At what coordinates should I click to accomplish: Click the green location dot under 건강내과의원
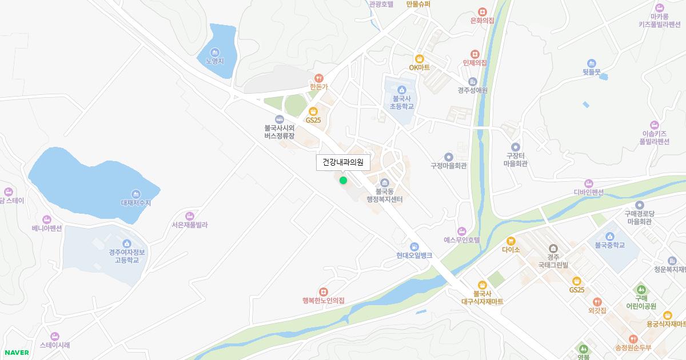tap(343, 181)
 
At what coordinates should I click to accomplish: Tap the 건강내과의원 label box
tap(343, 162)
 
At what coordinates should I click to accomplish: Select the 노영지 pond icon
tap(215, 52)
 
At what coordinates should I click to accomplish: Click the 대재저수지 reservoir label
tap(136, 203)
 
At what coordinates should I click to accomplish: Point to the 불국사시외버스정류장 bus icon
tap(279, 119)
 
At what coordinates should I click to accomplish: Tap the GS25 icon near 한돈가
tap(313, 111)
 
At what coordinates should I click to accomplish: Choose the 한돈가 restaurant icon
tap(318, 78)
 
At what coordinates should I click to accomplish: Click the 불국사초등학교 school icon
tap(401, 90)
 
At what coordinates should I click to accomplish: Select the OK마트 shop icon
tap(419, 58)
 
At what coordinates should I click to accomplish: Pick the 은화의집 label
tap(482, 21)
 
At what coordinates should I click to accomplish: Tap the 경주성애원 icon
tap(472, 81)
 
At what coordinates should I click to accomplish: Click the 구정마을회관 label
tap(449, 166)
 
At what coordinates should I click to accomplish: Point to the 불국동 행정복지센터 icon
tap(384, 183)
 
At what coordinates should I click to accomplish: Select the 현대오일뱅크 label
tap(414, 255)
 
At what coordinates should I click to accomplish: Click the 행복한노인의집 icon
tap(324, 291)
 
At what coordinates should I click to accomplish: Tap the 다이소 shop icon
tap(510, 241)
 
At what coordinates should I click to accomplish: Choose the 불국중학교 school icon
tap(609, 237)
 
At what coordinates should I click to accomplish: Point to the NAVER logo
tap(17, 353)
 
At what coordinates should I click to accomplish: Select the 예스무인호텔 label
tap(462, 240)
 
